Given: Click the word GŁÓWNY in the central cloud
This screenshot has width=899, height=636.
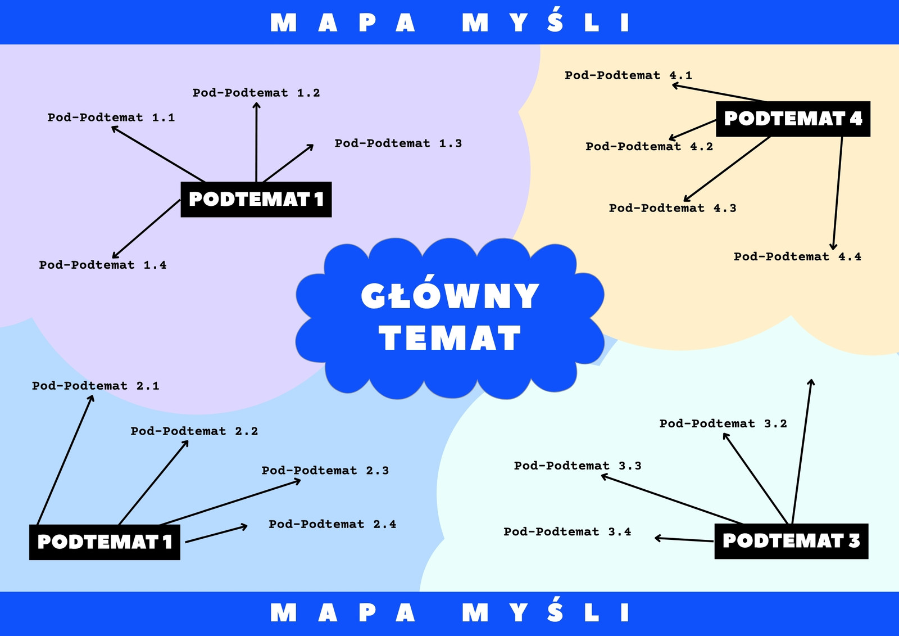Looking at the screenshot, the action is (x=450, y=292).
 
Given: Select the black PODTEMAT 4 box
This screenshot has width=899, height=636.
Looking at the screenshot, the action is (x=793, y=119).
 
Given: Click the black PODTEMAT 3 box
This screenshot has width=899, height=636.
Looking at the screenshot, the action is (x=791, y=541).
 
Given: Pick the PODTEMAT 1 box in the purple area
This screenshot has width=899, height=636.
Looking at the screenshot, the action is (x=256, y=200).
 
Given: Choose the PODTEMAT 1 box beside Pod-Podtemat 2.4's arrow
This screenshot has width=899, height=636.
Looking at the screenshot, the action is (x=105, y=542).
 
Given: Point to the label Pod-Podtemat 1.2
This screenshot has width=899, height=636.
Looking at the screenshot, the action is (x=256, y=93).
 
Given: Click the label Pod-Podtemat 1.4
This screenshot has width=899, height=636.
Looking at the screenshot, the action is (x=103, y=265).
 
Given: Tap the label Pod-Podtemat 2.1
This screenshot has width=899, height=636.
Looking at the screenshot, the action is (x=96, y=386).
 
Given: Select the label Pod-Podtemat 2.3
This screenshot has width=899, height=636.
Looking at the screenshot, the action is (x=325, y=471).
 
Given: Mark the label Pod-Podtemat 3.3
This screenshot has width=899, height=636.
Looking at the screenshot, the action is (x=578, y=466).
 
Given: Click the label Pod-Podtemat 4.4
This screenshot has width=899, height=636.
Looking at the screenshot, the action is (x=797, y=257).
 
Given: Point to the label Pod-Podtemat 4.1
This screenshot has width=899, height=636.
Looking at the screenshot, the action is (x=629, y=75).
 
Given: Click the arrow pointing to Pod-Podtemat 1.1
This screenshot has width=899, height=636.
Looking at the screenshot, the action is (x=158, y=154).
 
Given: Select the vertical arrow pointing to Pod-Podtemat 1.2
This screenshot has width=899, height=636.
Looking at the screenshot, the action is (x=256, y=142).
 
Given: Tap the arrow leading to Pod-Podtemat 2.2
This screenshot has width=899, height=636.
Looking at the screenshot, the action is (x=154, y=482).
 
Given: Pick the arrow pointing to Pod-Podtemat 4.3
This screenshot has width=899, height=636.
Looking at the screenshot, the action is (x=727, y=169).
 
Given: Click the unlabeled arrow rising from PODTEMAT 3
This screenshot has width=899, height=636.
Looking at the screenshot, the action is (x=802, y=451).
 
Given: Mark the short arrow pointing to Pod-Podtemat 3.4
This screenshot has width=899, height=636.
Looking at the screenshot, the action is (x=684, y=539).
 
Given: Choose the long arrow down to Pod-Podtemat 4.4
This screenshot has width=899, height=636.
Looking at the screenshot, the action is (x=838, y=193).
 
